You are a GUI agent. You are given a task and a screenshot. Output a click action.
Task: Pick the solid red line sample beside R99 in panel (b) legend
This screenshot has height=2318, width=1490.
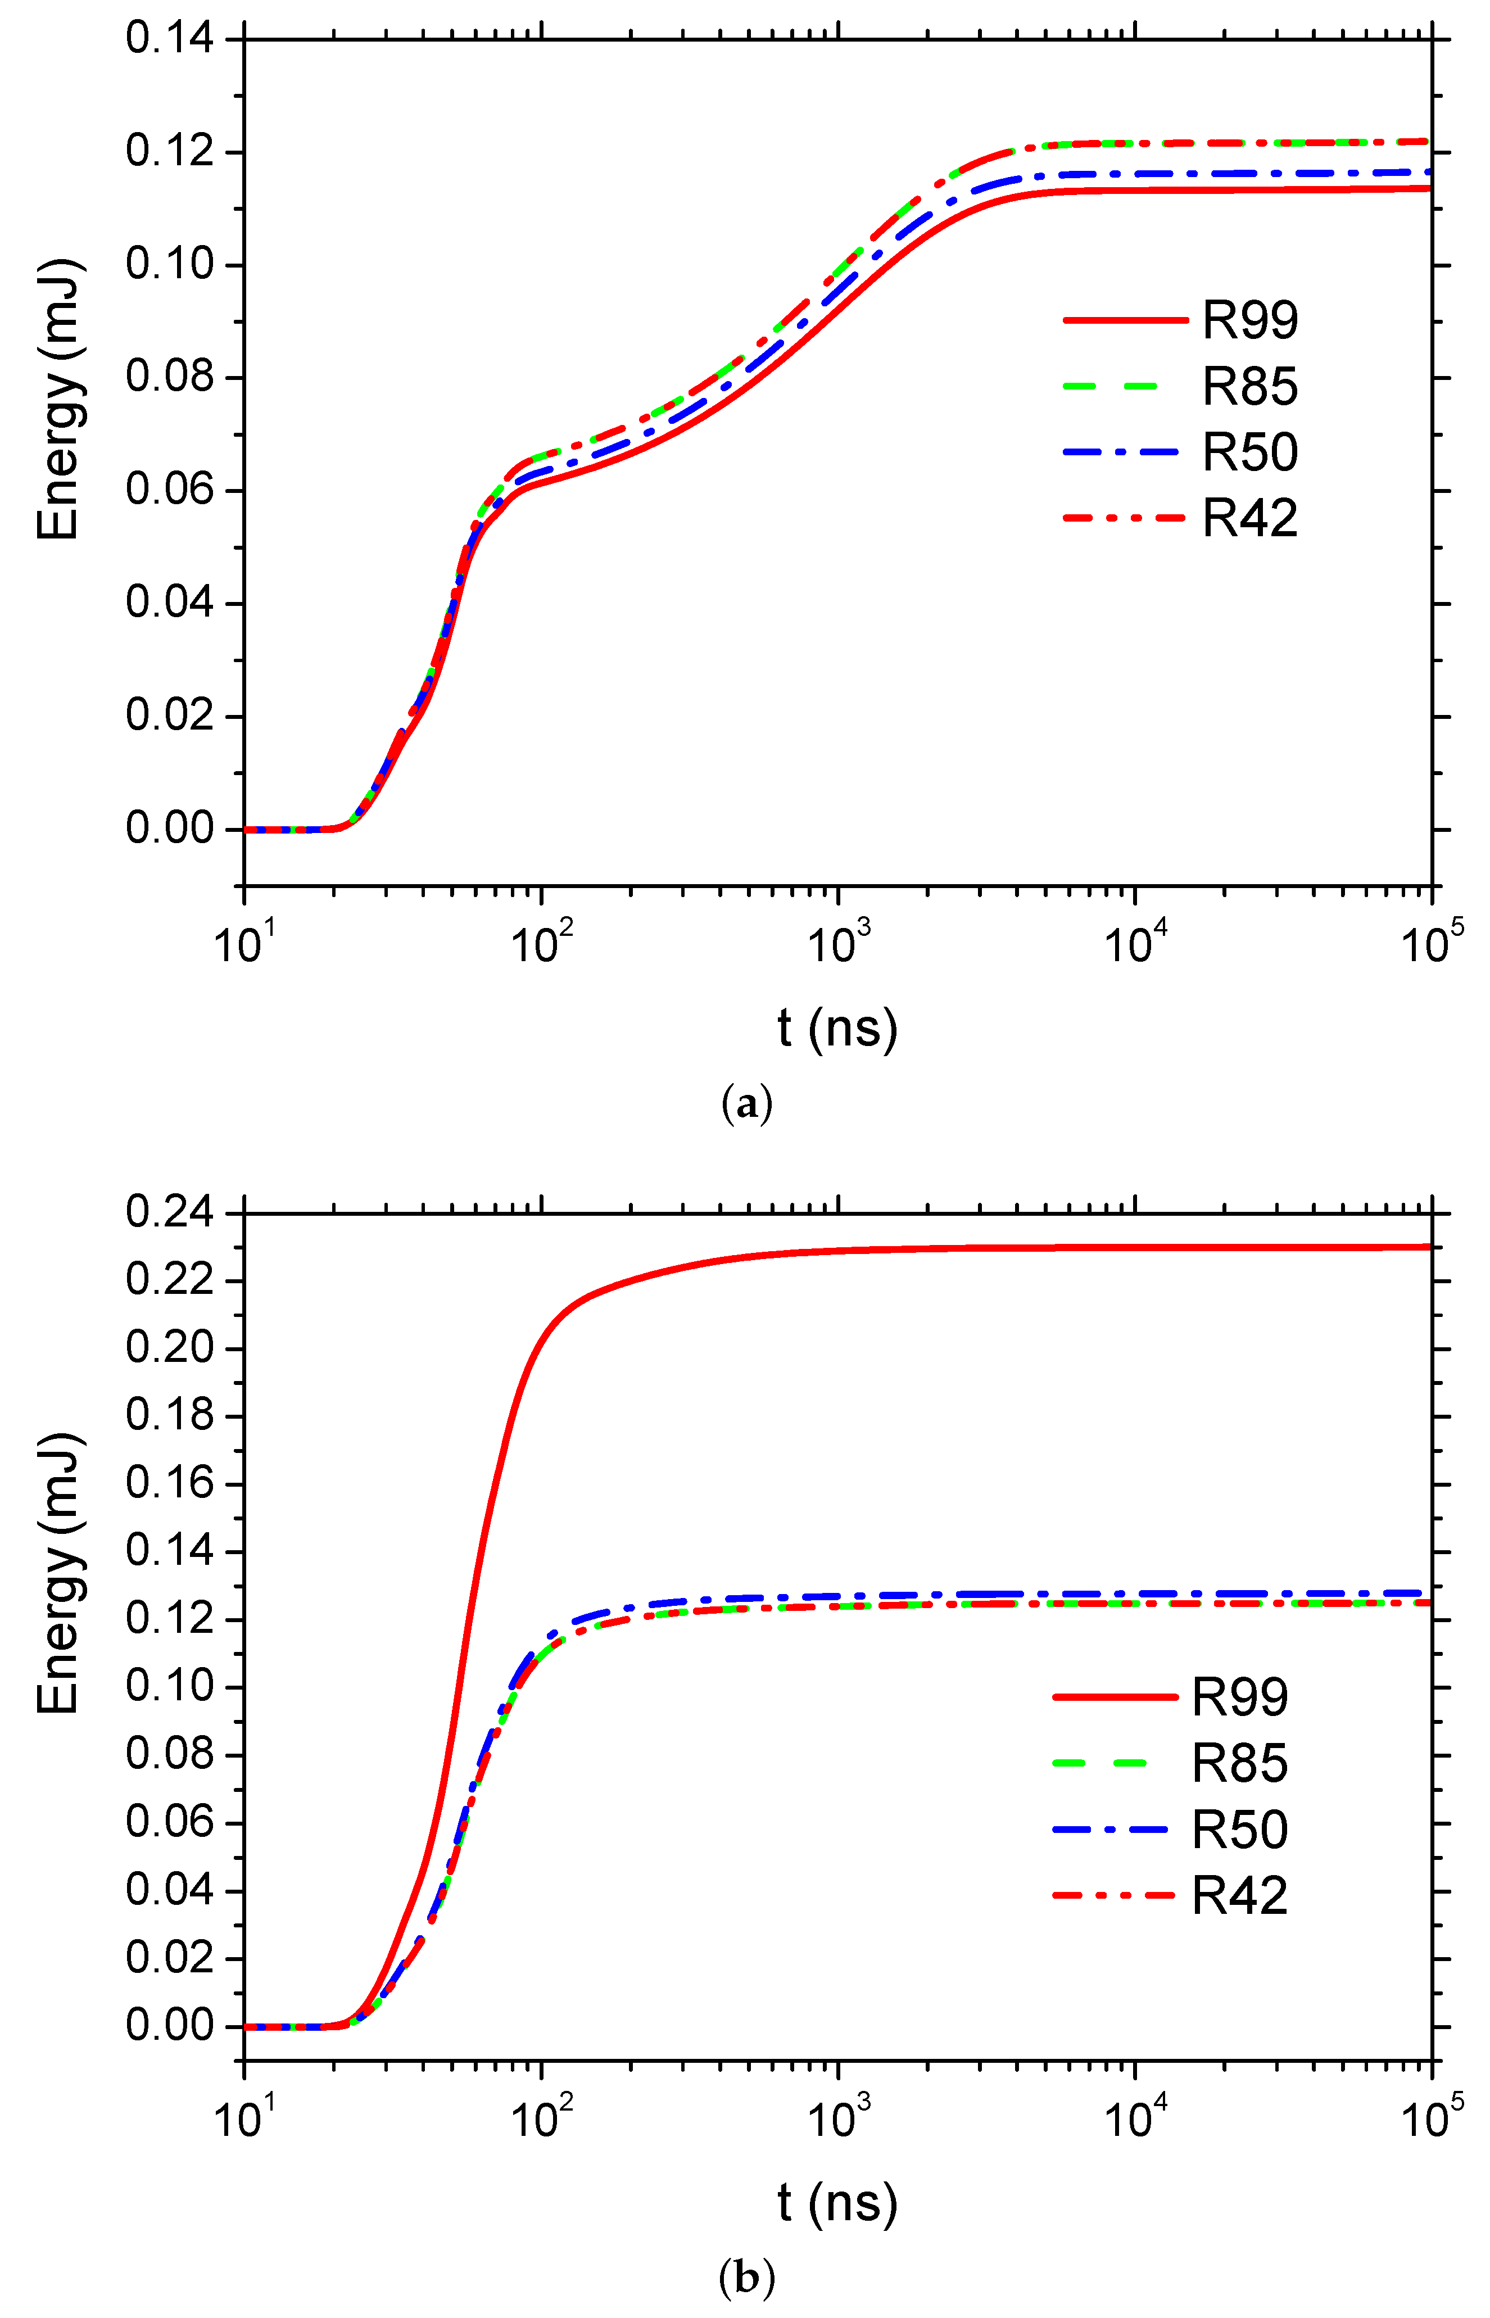[x=1115, y=1697]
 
